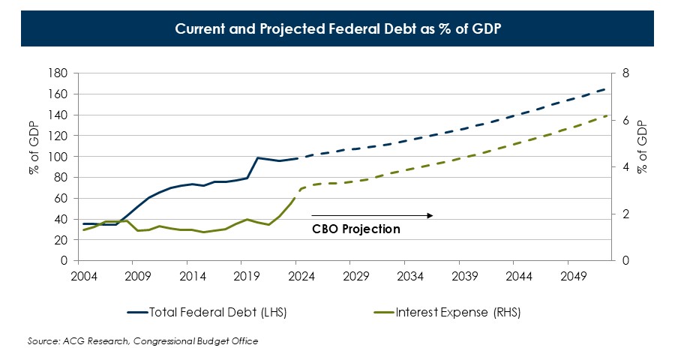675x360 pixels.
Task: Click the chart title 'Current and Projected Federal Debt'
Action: [337, 29]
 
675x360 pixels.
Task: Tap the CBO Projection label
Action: [356, 229]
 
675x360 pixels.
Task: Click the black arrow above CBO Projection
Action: [372, 215]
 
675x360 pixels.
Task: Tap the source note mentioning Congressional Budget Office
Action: [142, 341]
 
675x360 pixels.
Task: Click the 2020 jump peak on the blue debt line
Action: [257, 157]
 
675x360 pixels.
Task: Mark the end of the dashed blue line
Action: [604, 88]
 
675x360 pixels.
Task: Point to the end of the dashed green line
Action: [604, 115]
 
